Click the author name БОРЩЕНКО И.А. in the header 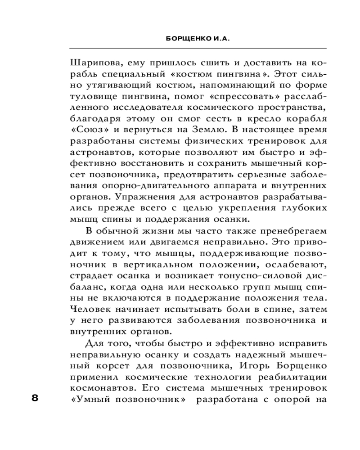[198, 39]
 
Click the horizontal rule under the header [198, 48]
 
